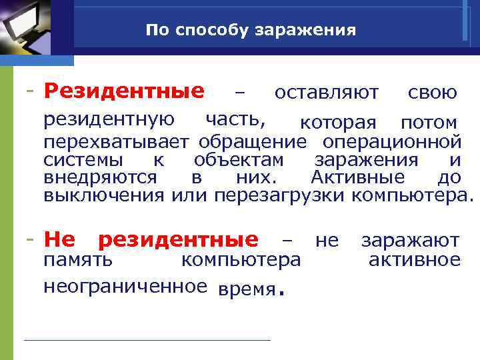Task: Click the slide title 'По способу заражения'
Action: [251, 31]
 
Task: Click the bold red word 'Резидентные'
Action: [124, 91]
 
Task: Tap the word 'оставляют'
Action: [327, 93]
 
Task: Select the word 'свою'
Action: [432, 93]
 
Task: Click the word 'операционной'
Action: [391, 142]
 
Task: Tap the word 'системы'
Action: [83, 161]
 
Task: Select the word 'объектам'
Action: [239, 161]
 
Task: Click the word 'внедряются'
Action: [100, 178]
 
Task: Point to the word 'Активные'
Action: [357, 178]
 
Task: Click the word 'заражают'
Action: [410, 241]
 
